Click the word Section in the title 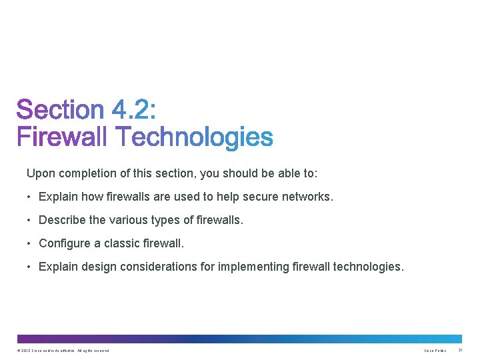click(x=60, y=111)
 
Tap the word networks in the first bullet click(x=309, y=197)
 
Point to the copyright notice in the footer click(x=63, y=351)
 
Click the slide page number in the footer click(x=460, y=351)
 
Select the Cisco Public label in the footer click(x=435, y=351)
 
